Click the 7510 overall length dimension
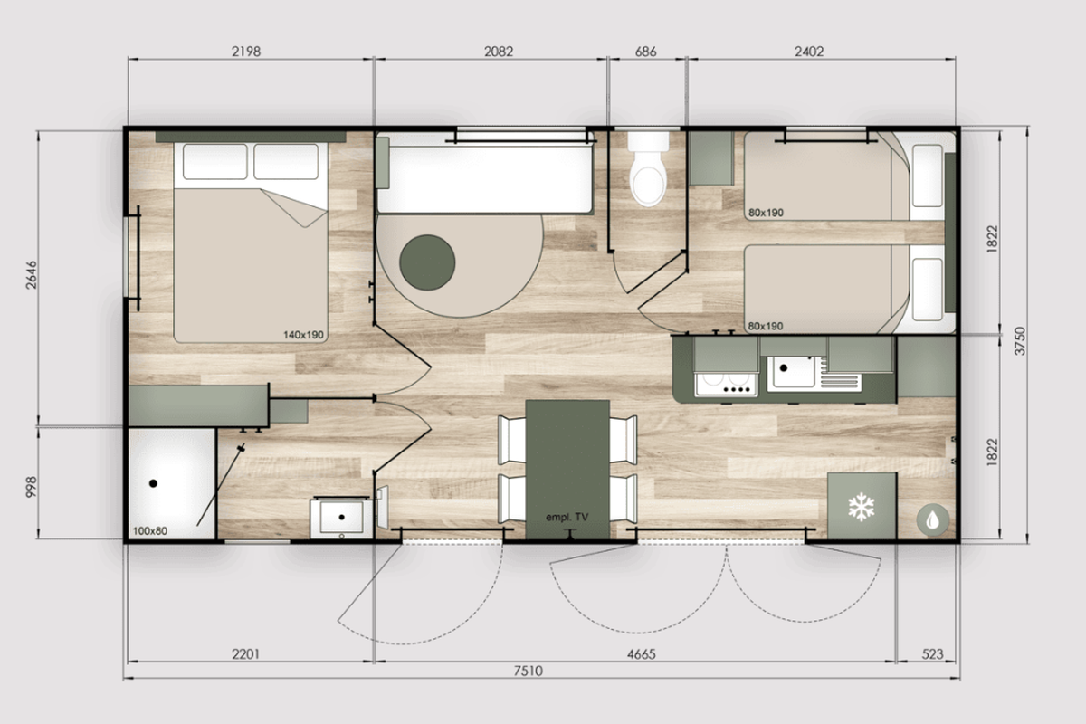(528, 671)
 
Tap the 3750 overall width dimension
(1020, 341)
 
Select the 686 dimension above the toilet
(646, 52)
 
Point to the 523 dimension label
(932, 654)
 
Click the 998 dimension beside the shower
(31, 487)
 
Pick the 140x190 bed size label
(303, 335)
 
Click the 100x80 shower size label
(150, 530)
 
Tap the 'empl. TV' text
(567, 517)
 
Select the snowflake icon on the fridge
(861, 507)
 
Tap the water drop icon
(933, 519)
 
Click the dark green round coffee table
(427, 262)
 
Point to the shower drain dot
(153, 483)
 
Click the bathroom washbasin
(341, 517)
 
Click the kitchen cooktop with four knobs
(726, 385)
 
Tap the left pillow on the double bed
(215, 161)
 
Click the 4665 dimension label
(641, 654)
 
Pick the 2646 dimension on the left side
(31, 275)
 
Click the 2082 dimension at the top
(499, 52)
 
